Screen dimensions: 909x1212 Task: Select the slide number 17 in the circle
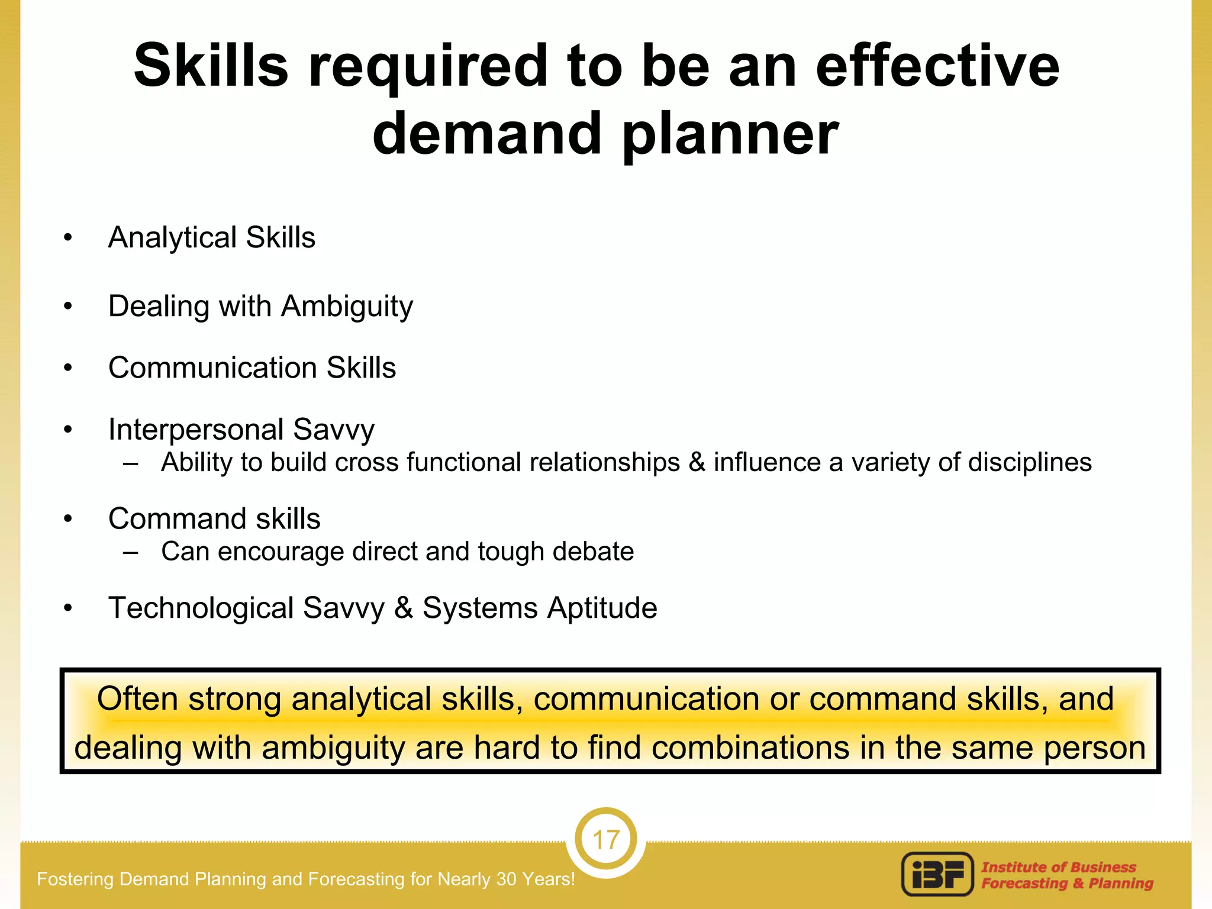(x=605, y=840)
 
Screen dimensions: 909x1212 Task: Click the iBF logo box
(x=937, y=874)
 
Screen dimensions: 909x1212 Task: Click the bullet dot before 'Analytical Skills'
(x=68, y=238)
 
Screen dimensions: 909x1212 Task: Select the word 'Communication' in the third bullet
(x=213, y=368)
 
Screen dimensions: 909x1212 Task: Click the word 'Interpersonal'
(x=196, y=429)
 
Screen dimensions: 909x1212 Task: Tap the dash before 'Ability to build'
(x=131, y=463)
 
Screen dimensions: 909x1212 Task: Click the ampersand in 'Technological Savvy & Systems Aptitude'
(x=403, y=608)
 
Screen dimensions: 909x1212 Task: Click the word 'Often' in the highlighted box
(x=137, y=699)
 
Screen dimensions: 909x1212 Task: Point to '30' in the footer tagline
(x=507, y=879)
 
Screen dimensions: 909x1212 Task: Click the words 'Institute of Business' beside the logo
(x=1058, y=867)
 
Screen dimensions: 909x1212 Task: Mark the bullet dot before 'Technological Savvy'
(x=68, y=608)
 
